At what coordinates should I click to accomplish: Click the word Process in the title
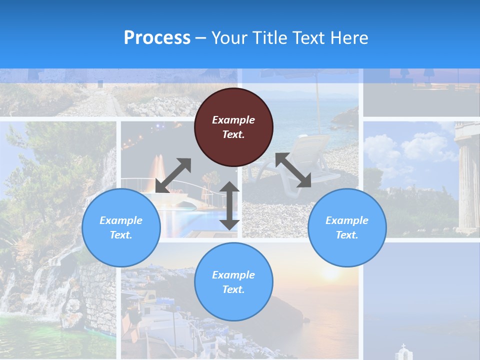coord(157,38)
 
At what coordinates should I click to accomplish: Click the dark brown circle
coord(233,127)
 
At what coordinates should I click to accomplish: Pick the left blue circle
coord(121,227)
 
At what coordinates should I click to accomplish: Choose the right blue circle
coord(347,227)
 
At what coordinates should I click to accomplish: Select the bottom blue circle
coord(233,282)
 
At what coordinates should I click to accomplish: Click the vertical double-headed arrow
coord(229,205)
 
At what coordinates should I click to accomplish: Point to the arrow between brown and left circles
coord(173,175)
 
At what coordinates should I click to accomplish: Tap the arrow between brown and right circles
coord(293,170)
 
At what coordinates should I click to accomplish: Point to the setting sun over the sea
coord(330,272)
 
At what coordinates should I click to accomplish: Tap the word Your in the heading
coord(229,38)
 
